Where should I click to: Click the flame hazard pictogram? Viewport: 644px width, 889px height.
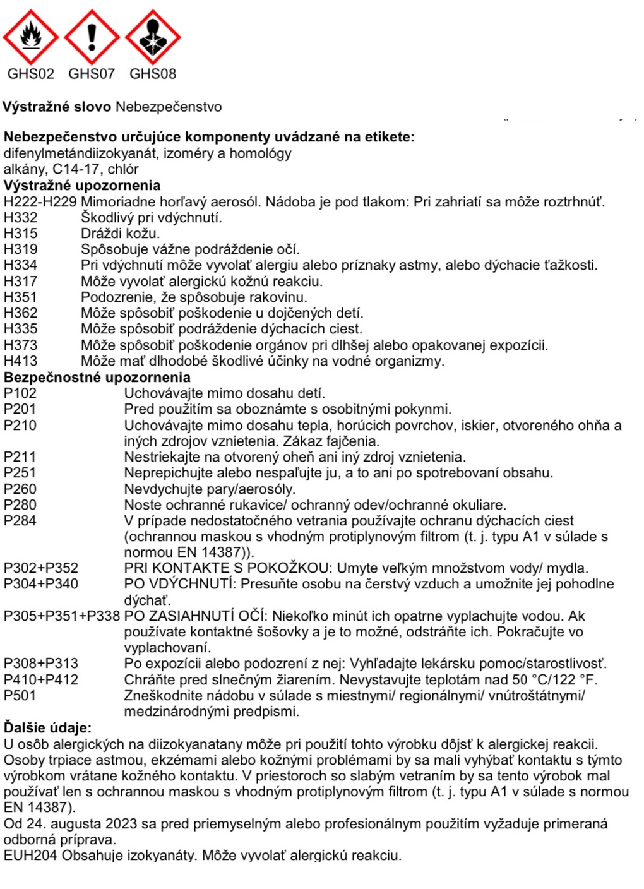point(30,37)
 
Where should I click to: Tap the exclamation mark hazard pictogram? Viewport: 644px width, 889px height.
point(92,37)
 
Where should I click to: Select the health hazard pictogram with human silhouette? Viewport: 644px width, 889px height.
point(152,37)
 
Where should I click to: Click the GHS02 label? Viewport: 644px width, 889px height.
point(30,74)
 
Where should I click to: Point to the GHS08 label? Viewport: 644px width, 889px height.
point(152,74)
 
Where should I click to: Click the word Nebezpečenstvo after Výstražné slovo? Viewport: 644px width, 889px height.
point(169,107)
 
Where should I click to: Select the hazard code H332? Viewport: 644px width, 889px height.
point(20,218)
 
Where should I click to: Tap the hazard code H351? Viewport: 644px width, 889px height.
point(20,297)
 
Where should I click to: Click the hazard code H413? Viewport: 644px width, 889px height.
point(20,361)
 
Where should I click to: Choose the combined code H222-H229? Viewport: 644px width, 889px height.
point(40,202)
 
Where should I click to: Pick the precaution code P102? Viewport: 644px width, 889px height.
point(20,393)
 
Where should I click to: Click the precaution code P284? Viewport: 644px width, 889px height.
point(20,521)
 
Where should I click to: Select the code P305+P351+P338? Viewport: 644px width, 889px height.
point(61,616)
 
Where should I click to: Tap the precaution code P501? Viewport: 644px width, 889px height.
point(20,696)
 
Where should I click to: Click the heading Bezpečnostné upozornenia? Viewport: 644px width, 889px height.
point(97,378)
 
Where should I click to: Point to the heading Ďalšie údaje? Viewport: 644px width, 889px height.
point(47,728)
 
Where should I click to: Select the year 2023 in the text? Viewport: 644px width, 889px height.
point(122,824)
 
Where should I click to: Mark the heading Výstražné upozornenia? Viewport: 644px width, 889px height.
point(82,186)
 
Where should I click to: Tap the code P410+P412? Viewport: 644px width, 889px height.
point(41,680)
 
